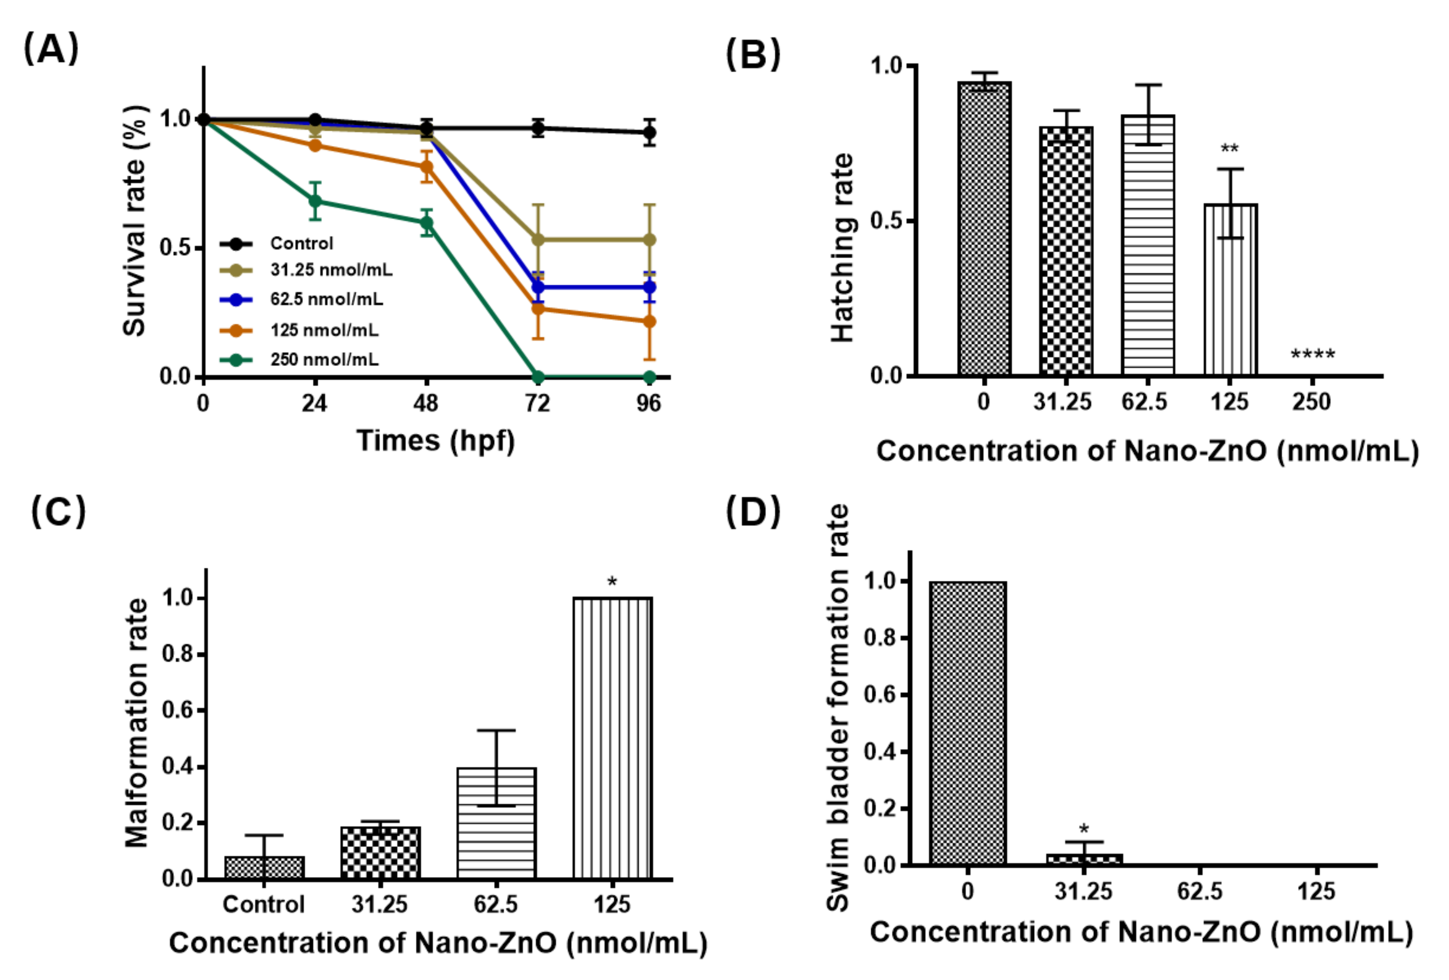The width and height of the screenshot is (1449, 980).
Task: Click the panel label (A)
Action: coord(51,49)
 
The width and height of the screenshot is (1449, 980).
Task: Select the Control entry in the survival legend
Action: coord(301,243)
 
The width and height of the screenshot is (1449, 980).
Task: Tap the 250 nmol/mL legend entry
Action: coord(324,360)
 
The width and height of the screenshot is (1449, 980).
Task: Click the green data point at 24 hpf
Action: coord(315,201)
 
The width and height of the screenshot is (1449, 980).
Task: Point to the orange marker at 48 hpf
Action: coord(426,167)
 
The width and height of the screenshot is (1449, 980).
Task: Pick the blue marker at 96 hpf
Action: coord(649,287)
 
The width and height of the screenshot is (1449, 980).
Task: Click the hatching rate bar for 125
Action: coord(1230,290)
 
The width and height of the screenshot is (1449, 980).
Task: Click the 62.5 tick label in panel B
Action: coord(1145,402)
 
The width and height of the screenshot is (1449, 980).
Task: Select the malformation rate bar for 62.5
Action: coord(497,823)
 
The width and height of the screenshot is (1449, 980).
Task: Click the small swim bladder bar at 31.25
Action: coord(1084,859)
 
